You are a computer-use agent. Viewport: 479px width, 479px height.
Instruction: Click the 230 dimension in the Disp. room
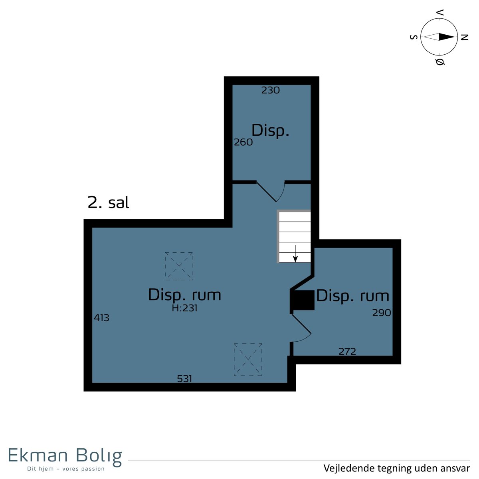click(x=271, y=90)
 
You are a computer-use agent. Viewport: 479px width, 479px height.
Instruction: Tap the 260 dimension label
click(x=243, y=142)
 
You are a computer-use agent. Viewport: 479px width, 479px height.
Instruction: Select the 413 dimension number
click(x=101, y=318)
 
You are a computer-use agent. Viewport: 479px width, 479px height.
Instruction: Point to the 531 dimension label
click(x=184, y=378)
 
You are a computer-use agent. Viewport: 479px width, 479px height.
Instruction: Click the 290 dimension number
click(x=382, y=313)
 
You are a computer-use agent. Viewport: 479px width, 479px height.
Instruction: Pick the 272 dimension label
click(x=347, y=352)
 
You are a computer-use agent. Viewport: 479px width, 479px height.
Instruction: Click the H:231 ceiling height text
click(x=184, y=308)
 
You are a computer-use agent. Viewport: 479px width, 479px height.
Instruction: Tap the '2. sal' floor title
click(x=109, y=203)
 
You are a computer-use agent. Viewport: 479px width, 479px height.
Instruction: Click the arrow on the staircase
click(x=295, y=253)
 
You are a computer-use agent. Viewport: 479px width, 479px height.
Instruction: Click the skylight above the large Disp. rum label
click(x=179, y=266)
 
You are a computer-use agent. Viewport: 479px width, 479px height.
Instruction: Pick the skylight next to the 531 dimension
click(x=248, y=360)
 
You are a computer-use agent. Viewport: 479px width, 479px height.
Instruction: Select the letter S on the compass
click(x=414, y=37)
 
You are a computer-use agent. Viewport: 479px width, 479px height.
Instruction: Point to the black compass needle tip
click(x=455, y=37)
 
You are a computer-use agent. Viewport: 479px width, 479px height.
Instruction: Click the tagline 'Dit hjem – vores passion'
click(x=66, y=469)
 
